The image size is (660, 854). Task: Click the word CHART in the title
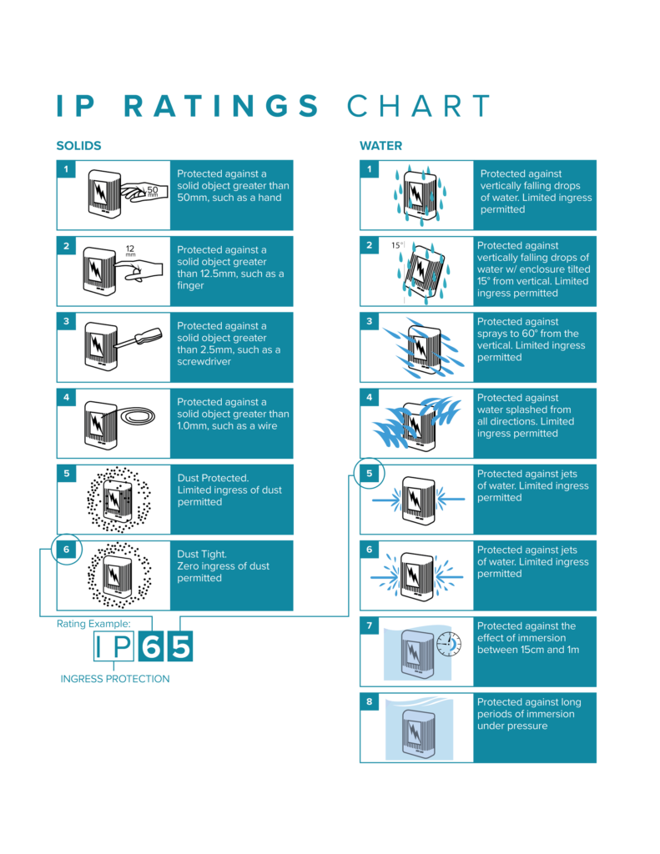[419, 106]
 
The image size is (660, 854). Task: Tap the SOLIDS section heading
[79, 146]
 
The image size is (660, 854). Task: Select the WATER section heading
[381, 146]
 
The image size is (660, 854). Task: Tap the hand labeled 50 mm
[144, 192]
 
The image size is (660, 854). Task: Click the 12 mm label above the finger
[130, 250]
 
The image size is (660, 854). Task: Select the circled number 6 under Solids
[67, 550]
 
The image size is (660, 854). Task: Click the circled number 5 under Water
[370, 474]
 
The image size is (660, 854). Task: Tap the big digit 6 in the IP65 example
[151, 646]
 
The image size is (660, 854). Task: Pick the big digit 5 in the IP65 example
[180, 646]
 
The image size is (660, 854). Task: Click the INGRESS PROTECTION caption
[115, 679]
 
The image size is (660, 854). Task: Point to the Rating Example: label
[93, 624]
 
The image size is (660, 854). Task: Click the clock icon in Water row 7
[449, 644]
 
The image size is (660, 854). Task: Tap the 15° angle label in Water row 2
[397, 245]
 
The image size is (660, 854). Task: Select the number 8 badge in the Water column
[370, 701]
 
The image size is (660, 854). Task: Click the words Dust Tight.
[202, 554]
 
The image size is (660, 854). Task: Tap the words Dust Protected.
[213, 478]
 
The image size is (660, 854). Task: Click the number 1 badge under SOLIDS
[67, 168]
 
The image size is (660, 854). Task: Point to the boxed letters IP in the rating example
[114, 646]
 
